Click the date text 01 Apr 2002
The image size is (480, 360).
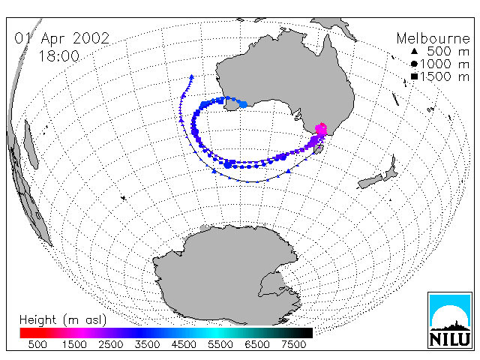click(61, 38)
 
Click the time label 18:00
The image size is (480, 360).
click(58, 56)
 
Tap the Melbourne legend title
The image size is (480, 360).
click(433, 38)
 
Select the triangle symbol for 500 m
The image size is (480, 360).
click(414, 52)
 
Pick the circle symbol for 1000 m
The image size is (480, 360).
click(414, 64)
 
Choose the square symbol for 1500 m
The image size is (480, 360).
click(414, 76)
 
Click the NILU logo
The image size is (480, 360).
click(450, 320)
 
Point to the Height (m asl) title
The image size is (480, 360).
click(63, 320)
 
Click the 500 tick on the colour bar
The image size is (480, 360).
click(37, 344)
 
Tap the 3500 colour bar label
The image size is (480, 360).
click(147, 344)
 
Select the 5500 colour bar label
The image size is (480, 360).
click(220, 344)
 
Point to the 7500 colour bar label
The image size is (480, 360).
click(293, 344)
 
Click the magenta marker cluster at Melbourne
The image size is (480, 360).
click(321, 129)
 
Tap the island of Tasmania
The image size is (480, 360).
click(319, 149)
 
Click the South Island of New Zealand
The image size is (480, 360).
click(370, 181)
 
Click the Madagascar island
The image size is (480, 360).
click(31, 145)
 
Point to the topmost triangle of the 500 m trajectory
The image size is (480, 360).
click(192, 76)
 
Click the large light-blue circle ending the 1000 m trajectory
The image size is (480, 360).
click(243, 104)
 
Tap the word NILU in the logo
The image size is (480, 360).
click(450, 339)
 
